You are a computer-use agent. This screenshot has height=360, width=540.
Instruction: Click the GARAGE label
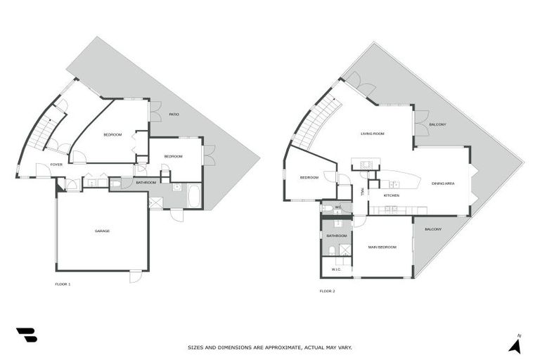click(x=103, y=231)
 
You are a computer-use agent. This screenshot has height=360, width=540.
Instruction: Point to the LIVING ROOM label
click(x=372, y=133)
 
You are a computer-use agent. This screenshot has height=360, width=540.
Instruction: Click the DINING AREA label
click(x=442, y=184)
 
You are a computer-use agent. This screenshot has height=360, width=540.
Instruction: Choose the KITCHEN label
click(x=392, y=195)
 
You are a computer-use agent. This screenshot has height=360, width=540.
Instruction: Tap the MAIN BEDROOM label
click(x=382, y=247)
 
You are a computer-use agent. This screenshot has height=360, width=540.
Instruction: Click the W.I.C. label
click(x=335, y=269)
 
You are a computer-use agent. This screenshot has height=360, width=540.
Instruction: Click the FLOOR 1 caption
click(x=63, y=284)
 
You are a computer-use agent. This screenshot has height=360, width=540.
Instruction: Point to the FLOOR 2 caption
click(x=327, y=290)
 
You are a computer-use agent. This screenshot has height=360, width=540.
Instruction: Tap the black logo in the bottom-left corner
click(x=26, y=335)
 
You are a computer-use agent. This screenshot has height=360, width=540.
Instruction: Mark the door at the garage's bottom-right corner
click(x=135, y=276)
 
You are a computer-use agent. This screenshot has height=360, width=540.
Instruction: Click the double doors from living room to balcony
click(x=420, y=124)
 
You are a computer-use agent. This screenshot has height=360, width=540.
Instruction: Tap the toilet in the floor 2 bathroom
click(x=330, y=250)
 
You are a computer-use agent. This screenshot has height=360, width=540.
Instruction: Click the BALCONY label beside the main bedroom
click(x=433, y=229)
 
